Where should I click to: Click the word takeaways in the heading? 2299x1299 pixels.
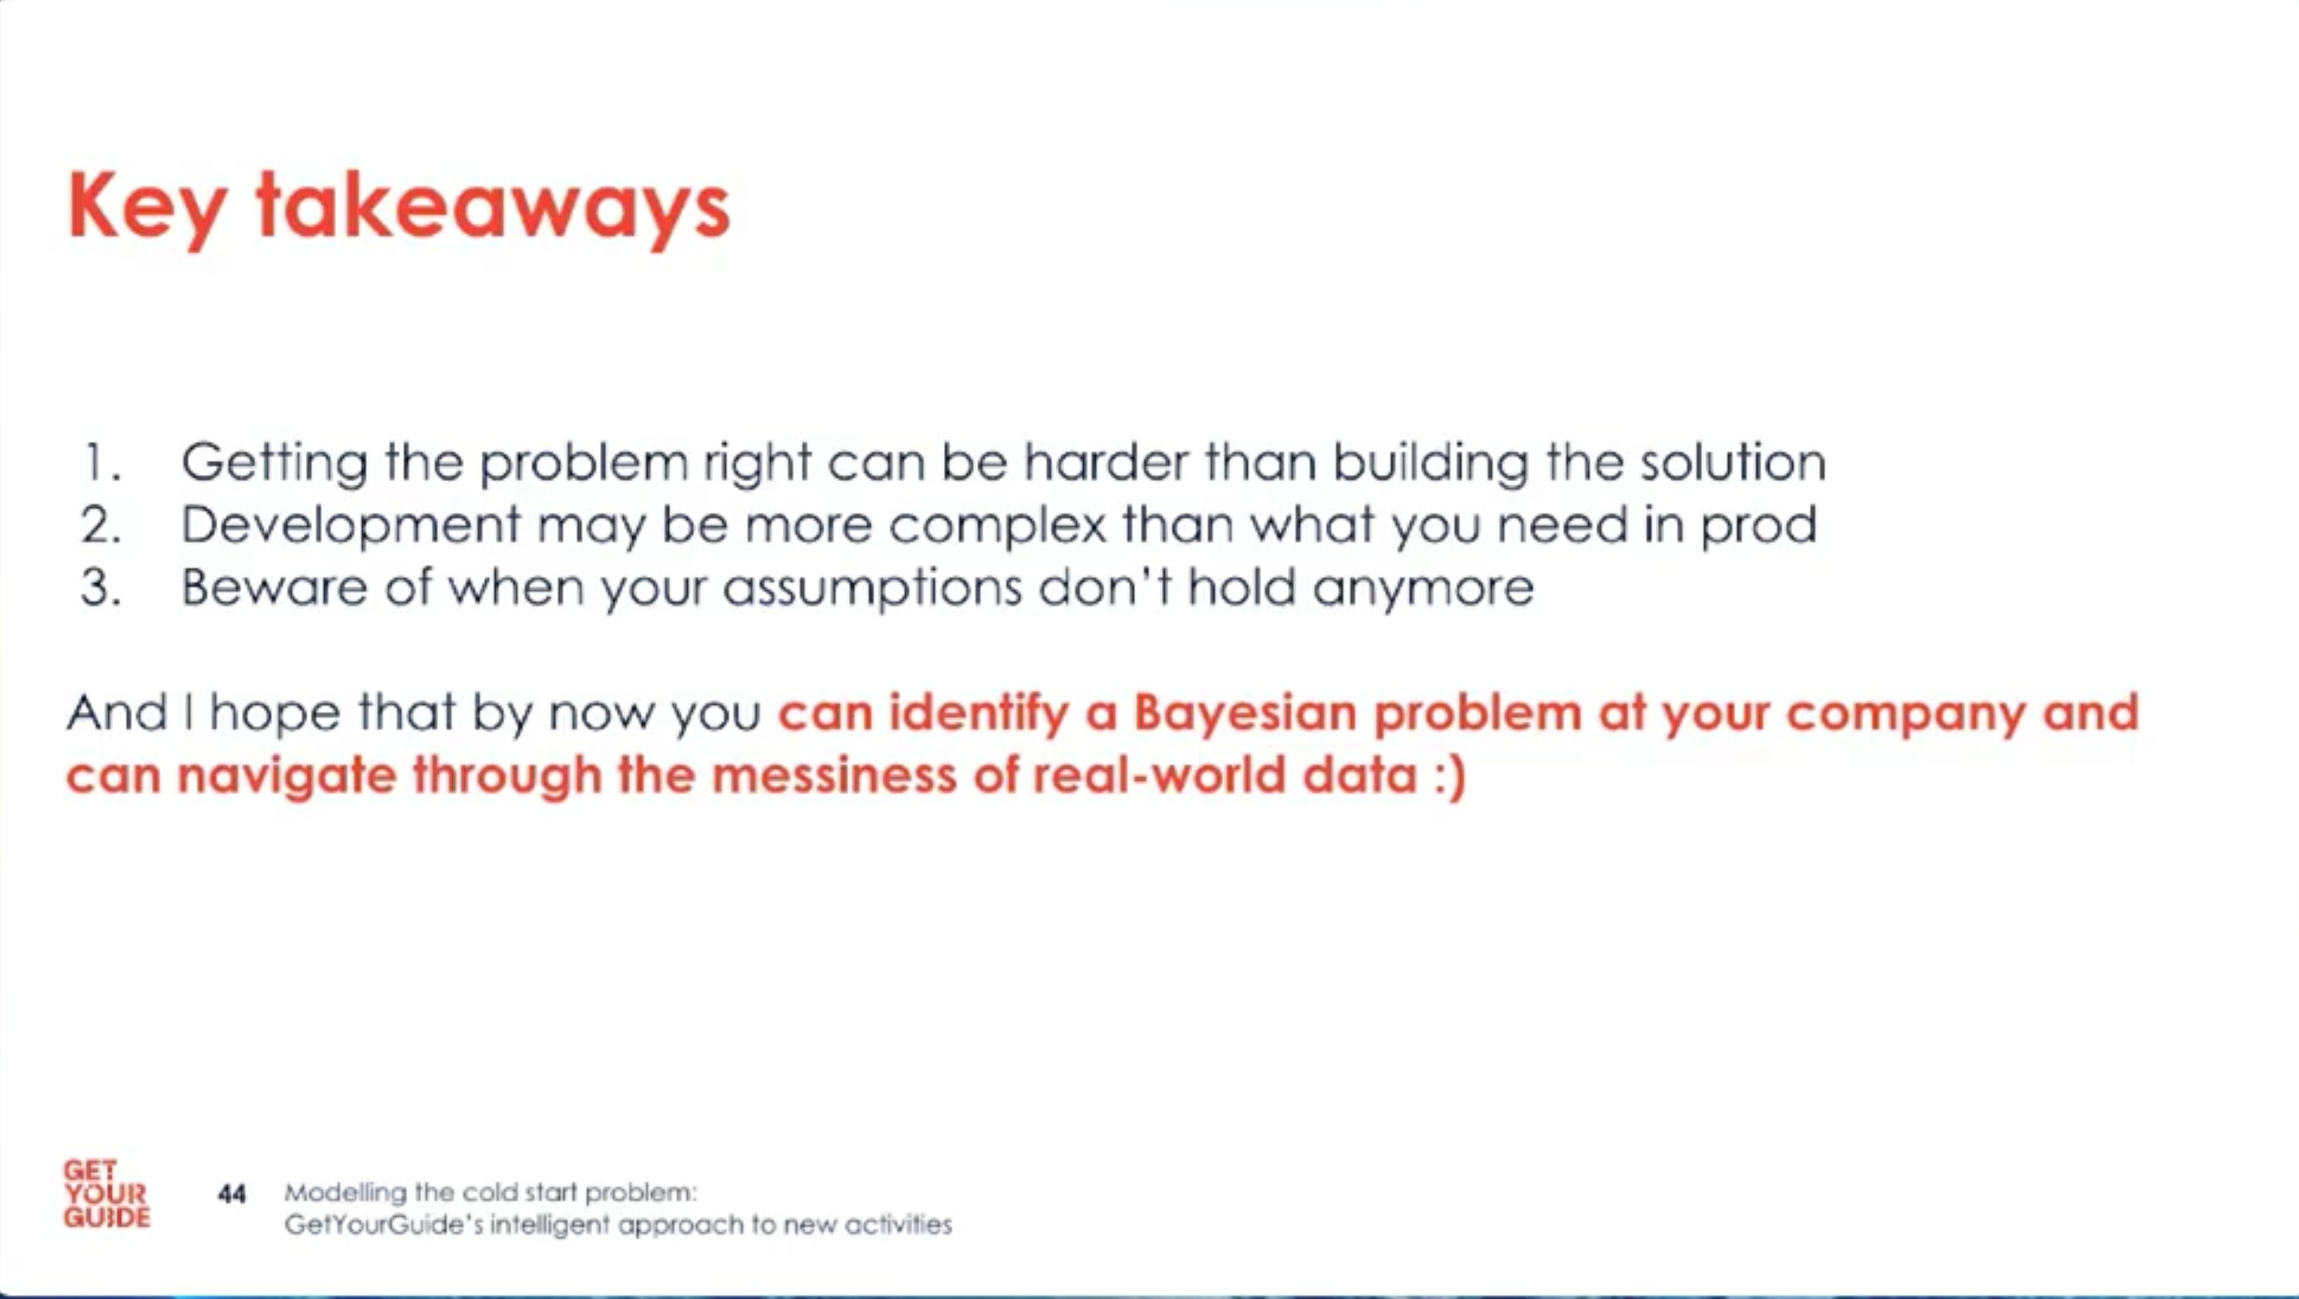coord(493,207)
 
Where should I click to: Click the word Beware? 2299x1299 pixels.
coord(274,587)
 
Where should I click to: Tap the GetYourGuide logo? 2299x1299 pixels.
coord(106,1194)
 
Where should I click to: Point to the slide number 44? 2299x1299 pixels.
coord(232,1194)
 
